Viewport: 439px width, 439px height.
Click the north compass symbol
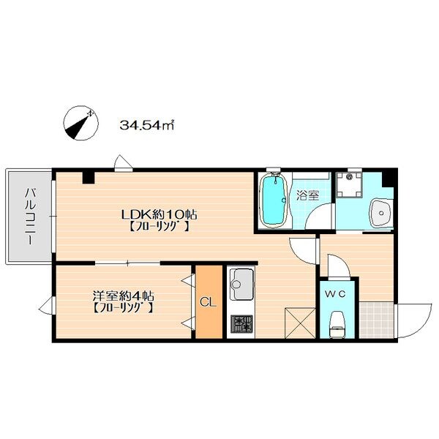[x=81, y=123]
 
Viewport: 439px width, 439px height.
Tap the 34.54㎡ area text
[x=147, y=125]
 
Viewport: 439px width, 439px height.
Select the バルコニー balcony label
[x=30, y=217]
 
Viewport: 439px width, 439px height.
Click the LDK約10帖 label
[x=159, y=214]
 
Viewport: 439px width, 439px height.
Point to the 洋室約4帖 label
[x=123, y=296]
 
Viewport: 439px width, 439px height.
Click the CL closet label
[x=209, y=302]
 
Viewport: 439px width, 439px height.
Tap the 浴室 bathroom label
[x=308, y=195]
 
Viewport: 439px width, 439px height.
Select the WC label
[x=335, y=294]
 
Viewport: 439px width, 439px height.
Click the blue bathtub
[x=273, y=200]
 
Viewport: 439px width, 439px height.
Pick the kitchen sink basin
[x=241, y=284]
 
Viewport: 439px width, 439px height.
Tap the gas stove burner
[x=241, y=324]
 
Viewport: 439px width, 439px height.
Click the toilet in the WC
[x=337, y=325]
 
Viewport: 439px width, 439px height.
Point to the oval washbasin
[x=381, y=214]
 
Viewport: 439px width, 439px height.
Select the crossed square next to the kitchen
[x=300, y=323]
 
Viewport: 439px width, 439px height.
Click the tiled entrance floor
[x=377, y=320]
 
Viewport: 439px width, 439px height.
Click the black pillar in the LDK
[x=89, y=178]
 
